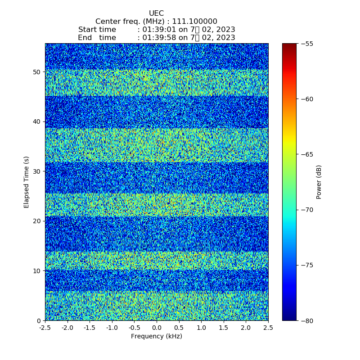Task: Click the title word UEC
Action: point(156,13)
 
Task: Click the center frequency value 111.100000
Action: point(195,22)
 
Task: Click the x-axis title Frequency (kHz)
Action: point(157,337)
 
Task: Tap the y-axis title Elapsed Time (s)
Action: point(27,182)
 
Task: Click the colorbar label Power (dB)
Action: point(319,182)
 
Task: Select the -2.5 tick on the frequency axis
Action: point(45,328)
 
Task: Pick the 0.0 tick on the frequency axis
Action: point(157,328)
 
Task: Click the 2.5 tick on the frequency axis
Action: point(268,328)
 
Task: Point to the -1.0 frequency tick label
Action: point(111,328)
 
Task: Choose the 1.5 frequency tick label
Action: point(224,328)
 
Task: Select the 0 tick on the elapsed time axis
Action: point(39,320)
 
